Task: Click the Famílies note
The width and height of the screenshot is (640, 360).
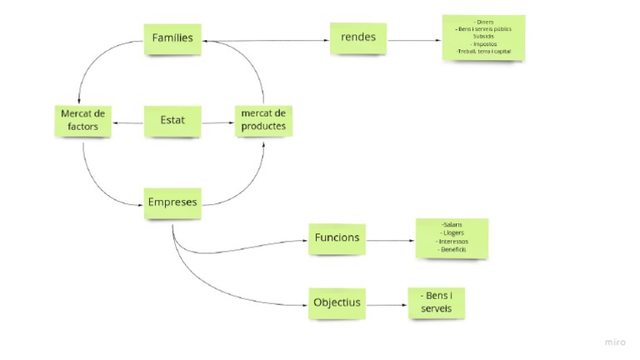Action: click(x=172, y=37)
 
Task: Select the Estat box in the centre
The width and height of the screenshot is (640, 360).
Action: click(x=172, y=121)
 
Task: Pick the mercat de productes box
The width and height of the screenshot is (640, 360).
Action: click(x=263, y=121)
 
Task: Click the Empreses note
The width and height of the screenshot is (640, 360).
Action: click(x=172, y=202)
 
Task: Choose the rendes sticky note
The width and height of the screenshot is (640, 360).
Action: click(x=358, y=37)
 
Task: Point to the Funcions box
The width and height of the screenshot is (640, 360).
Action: click(x=337, y=238)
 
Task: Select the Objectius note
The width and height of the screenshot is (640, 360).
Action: click(x=337, y=302)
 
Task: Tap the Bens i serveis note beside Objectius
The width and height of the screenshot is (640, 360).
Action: click(x=436, y=302)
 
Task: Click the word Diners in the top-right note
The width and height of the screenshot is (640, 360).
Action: click(x=483, y=22)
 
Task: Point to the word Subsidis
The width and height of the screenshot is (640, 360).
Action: click(x=483, y=37)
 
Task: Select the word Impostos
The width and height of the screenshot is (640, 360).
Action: click(x=483, y=44)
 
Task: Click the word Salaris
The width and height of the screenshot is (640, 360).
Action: click(x=452, y=225)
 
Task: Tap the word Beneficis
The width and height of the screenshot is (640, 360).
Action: click(x=452, y=250)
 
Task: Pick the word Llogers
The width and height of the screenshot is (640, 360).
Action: click(x=452, y=233)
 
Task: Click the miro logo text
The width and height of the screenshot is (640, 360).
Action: click(x=615, y=342)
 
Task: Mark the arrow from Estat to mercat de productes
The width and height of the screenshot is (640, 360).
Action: click(x=217, y=123)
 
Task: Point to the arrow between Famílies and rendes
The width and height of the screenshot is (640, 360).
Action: click(x=267, y=40)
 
